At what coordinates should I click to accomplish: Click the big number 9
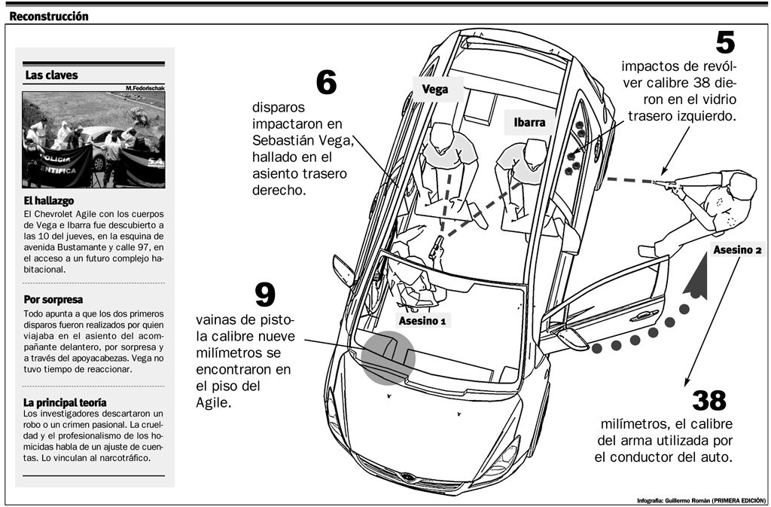click(265, 295)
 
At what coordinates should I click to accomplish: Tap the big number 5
click(724, 42)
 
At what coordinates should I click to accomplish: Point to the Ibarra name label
click(529, 122)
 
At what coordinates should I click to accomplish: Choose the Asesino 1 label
click(422, 321)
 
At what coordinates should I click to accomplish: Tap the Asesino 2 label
click(737, 250)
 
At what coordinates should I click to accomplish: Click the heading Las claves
click(51, 75)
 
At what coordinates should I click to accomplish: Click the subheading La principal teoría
click(65, 402)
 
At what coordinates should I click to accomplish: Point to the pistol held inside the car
click(435, 249)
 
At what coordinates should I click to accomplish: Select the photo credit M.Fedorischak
click(145, 88)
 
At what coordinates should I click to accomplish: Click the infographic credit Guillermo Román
click(700, 499)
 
